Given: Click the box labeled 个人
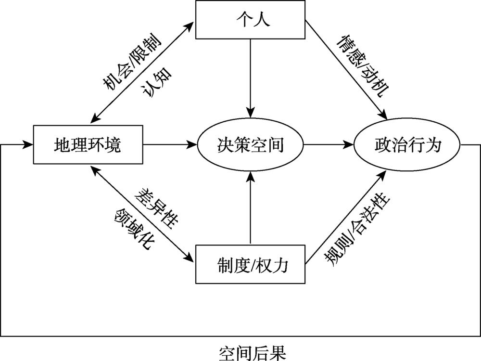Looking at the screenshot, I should [x=250, y=20].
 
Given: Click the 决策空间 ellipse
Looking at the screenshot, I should [x=250, y=144].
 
